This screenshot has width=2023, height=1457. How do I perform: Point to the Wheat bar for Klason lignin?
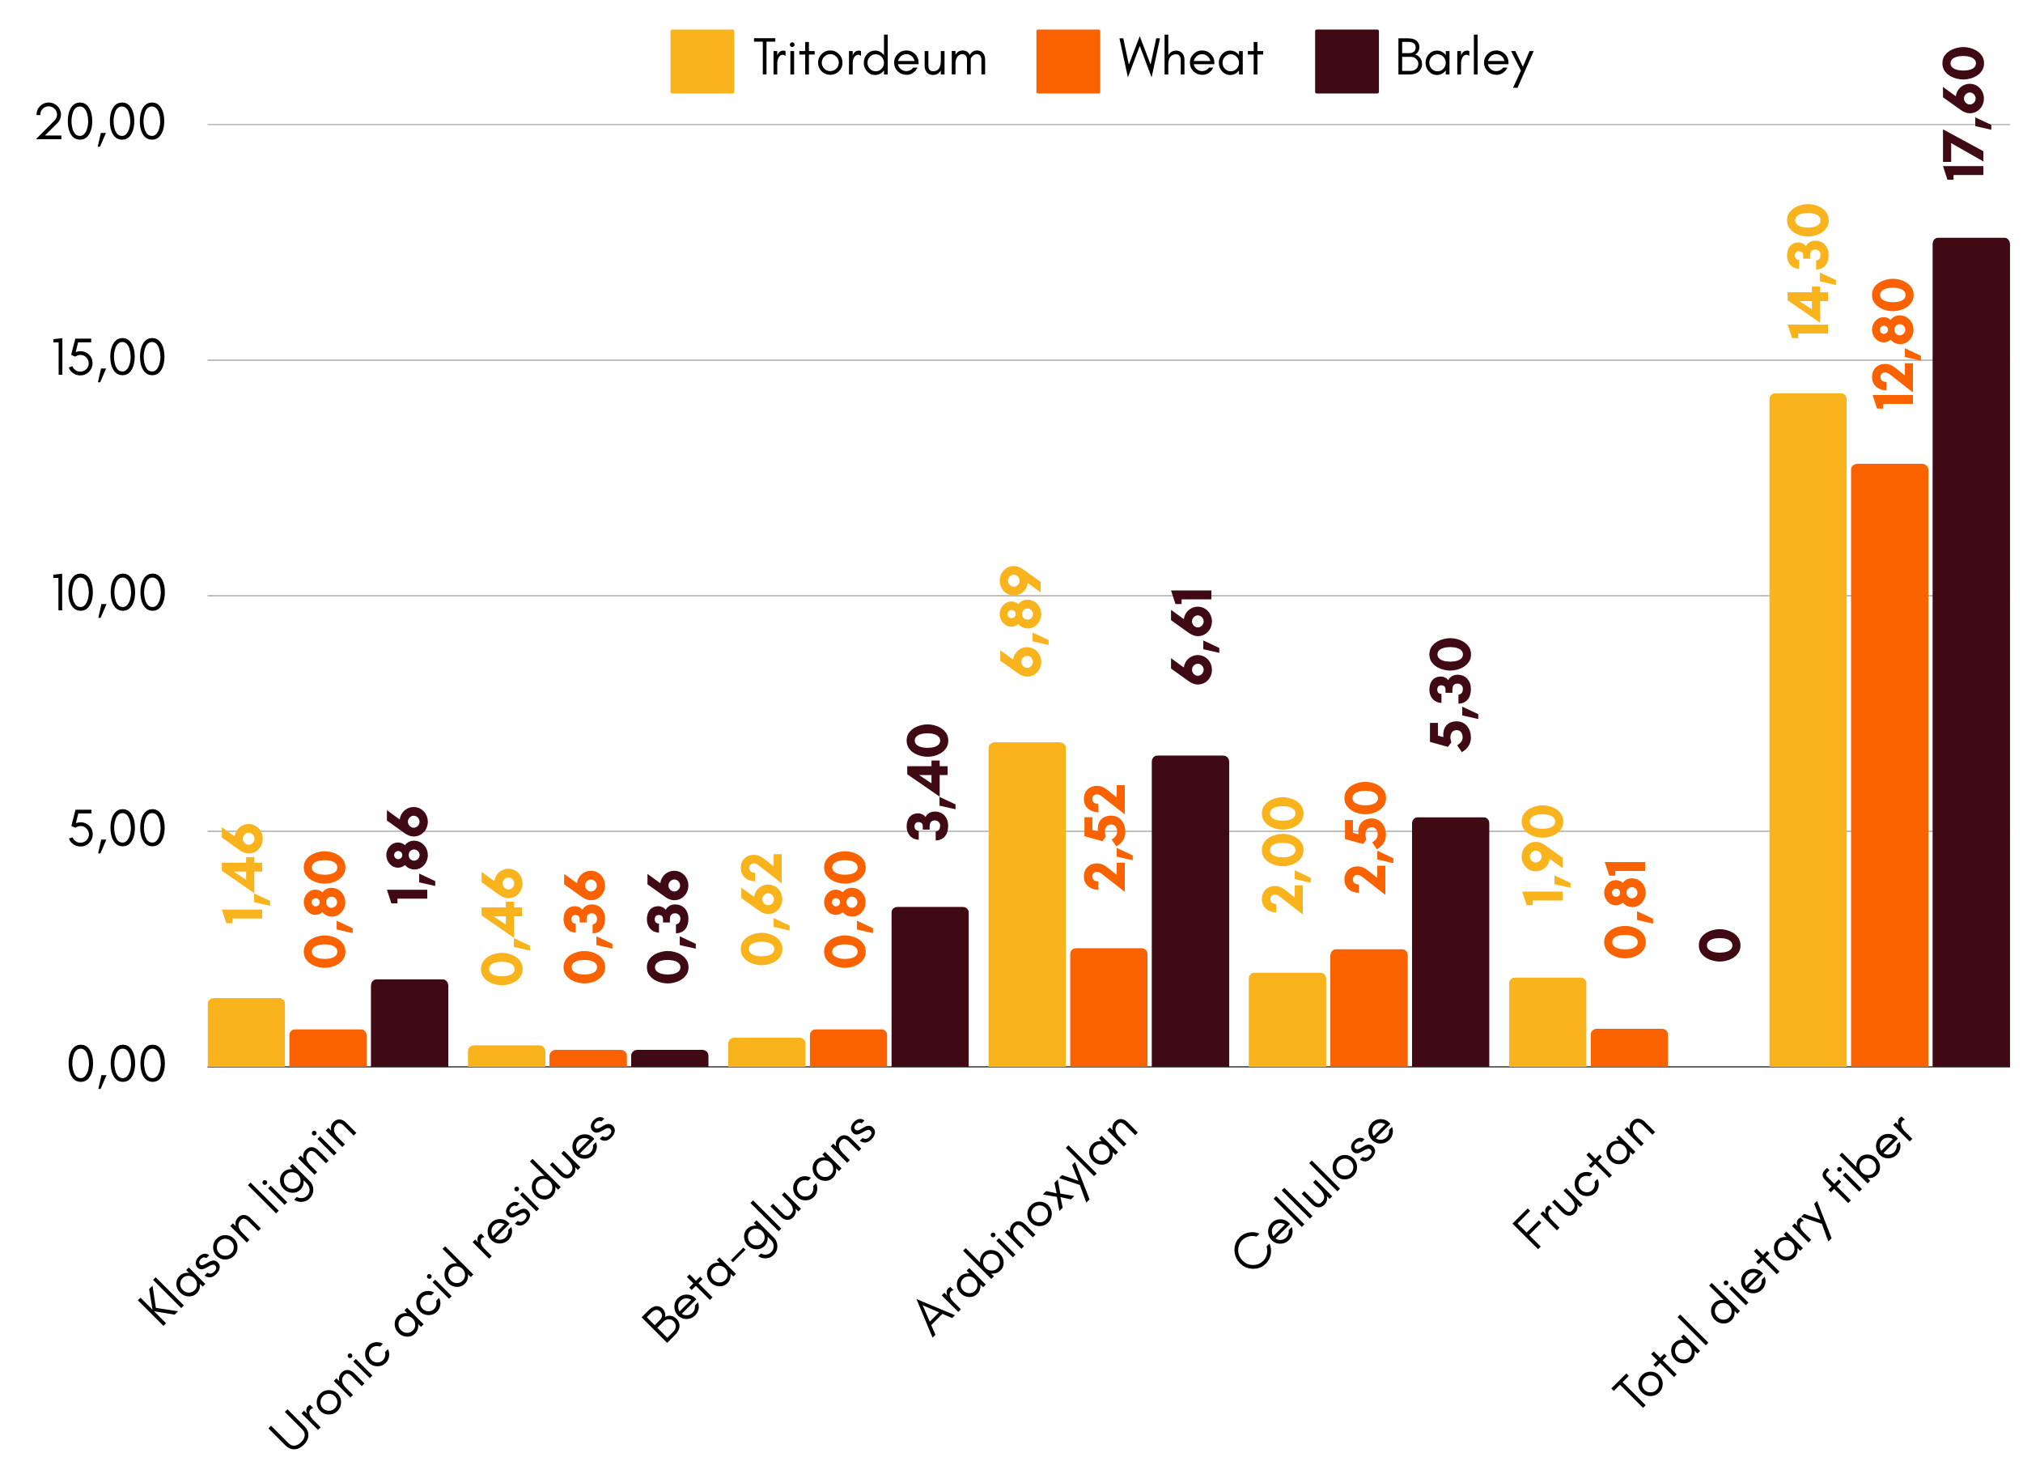328,1047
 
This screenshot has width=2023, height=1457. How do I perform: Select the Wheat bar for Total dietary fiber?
1889,765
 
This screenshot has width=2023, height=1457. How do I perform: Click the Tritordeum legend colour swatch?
702,62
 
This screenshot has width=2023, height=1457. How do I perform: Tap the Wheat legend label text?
1191,59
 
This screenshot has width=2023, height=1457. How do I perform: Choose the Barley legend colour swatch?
1346,62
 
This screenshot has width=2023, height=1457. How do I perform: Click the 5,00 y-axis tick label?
117,830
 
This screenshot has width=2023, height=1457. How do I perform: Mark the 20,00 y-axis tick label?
100,123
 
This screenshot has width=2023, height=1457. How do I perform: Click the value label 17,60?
1964,113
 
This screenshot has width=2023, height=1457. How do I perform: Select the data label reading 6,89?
1020,621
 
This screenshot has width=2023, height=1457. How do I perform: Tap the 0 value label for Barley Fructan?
1719,945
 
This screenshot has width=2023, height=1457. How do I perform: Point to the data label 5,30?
1450,695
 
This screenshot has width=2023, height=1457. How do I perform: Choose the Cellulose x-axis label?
1313,1192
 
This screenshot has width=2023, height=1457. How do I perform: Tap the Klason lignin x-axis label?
247,1220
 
